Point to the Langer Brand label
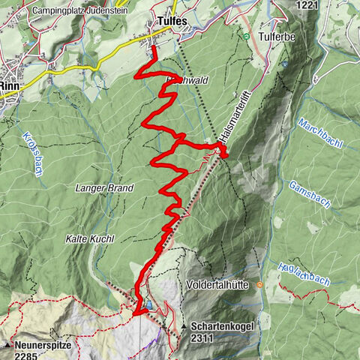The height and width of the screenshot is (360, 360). click(104, 187)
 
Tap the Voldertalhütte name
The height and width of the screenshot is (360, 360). click(218, 285)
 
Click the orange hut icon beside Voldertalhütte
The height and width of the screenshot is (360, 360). click(258, 285)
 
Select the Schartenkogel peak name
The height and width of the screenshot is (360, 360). click(223, 327)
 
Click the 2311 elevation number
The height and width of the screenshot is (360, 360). click(203, 340)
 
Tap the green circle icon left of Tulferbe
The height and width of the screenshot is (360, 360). click(245, 35)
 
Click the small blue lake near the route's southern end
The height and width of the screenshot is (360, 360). click(149, 305)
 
